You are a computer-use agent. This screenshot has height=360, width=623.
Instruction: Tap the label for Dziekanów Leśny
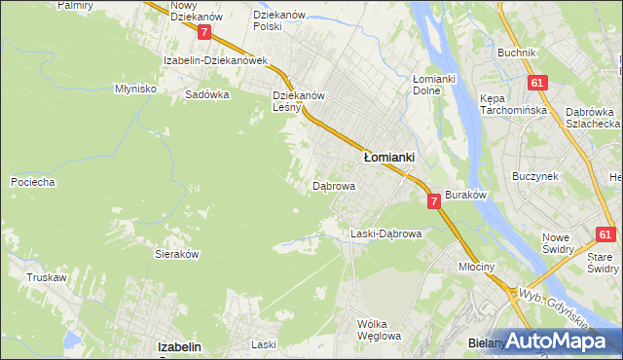pos(298,102)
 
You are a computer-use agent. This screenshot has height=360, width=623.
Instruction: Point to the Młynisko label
pos(135,88)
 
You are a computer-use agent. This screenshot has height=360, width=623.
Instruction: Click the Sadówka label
pos(206,95)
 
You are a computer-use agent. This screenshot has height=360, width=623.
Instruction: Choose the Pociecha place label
pos(32,182)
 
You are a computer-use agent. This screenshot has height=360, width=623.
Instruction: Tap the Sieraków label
pos(177,253)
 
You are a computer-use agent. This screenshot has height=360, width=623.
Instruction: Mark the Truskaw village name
pos(46,277)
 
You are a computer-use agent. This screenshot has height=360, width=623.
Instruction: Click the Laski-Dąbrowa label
pos(385,234)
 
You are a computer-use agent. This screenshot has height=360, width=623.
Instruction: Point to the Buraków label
pos(465,195)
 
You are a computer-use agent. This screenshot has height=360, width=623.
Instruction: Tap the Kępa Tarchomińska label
pos(510,104)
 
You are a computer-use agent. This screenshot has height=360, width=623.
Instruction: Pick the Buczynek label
pos(534,177)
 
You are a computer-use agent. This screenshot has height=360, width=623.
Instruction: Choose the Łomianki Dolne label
pos(434,85)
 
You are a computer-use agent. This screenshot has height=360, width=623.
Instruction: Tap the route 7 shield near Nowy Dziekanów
pos(203,32)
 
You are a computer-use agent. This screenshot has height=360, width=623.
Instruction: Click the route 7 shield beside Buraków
pos(433,200)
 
